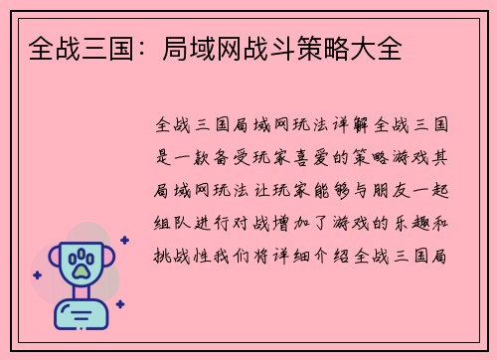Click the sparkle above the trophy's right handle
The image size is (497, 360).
click(x=123, y=240)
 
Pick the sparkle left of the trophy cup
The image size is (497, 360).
click(x=37, y=274)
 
